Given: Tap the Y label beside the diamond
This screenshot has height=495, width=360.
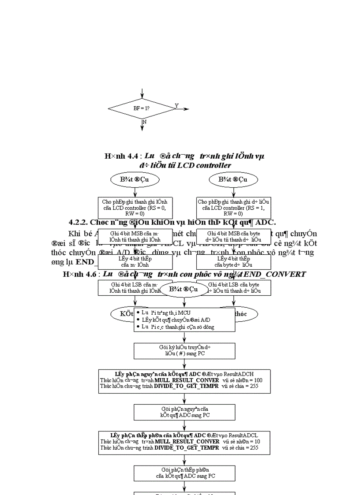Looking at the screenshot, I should pos(176,106).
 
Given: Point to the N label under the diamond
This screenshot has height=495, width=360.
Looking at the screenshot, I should pos(144,121).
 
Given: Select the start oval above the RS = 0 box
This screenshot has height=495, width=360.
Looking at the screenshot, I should pos(135,179).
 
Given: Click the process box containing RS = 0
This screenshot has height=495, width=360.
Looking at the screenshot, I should pos(135,208).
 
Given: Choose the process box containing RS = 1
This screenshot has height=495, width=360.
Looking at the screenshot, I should pos(233,208).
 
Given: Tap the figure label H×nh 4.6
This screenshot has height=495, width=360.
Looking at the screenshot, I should pos(77,274).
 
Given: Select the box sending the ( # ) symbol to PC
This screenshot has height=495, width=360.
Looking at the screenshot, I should pos(184,350).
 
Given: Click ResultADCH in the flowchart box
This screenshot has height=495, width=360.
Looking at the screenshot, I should pos(251,374).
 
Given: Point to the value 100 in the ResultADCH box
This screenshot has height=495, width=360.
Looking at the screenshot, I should pos(257,380).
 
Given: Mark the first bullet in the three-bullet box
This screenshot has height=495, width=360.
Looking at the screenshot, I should pos(138,312).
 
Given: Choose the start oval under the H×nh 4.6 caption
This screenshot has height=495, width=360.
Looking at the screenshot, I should pos(184,290).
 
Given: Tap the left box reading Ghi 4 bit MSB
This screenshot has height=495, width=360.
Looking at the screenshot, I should pos(135,236).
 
